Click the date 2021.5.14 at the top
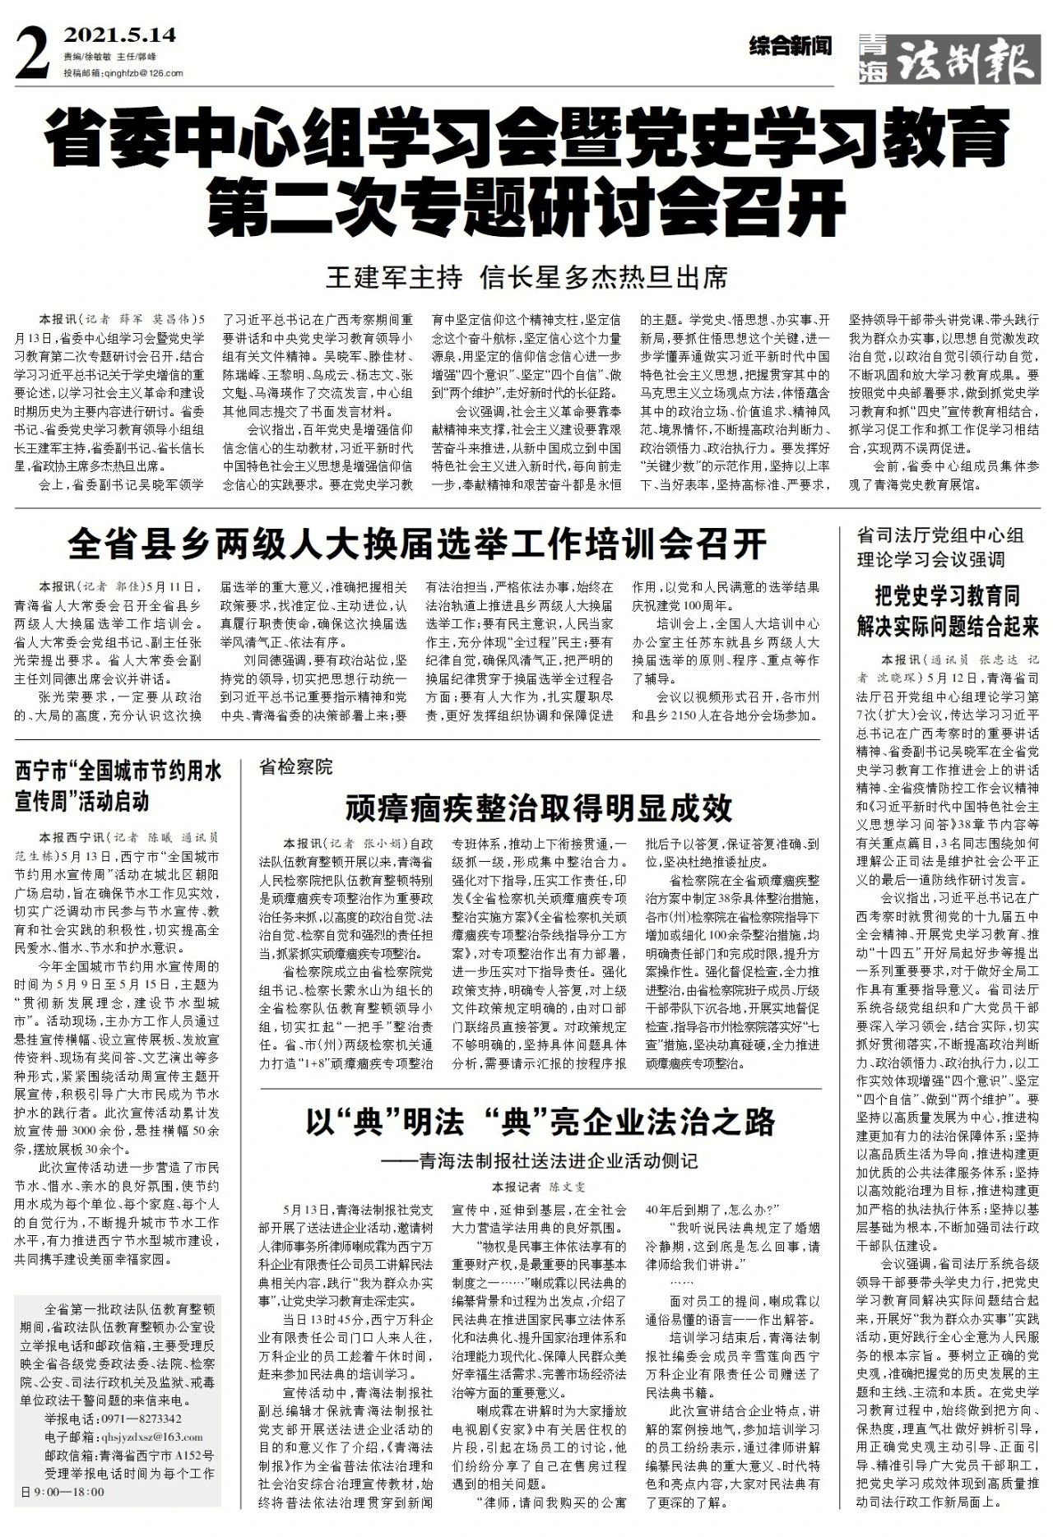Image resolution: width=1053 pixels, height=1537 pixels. pyautogui.click(x=120, y=35)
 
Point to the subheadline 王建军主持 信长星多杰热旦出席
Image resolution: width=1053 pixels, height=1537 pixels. pyautogui.click(x=526, y=276)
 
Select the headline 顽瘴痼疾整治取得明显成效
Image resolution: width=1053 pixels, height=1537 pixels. pyautogui.click(x=539, y=808)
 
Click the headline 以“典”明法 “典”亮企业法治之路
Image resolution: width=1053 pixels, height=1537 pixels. pyautogui.click(x=540, y=1121)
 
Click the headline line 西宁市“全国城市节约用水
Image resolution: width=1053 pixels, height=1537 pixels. pyautogui.click(x=118, y=772)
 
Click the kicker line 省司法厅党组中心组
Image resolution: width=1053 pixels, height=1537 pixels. pyautogui.click(x=940, y=536)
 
